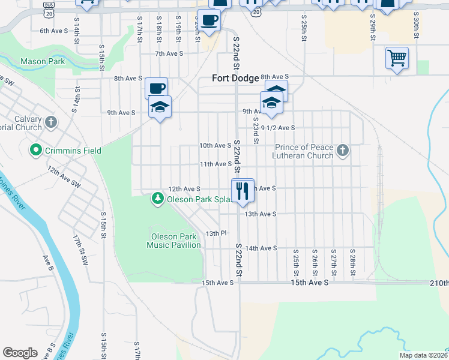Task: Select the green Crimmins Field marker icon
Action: (36, 149)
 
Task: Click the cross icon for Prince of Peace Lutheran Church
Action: (343, 150)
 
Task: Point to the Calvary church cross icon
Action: (51, 122)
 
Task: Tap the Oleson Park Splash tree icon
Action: (158, 199)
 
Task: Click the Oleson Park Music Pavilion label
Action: (174, 240)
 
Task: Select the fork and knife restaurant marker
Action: (243, 191)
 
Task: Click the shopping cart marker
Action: (397, 58)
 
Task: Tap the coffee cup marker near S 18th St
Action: (156, 89)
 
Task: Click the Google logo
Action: (20, 353)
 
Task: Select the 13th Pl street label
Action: (215, 233)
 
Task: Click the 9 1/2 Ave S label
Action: (278, 128)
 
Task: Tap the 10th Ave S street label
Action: (214, 145)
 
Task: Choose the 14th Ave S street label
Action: (261, 248)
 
